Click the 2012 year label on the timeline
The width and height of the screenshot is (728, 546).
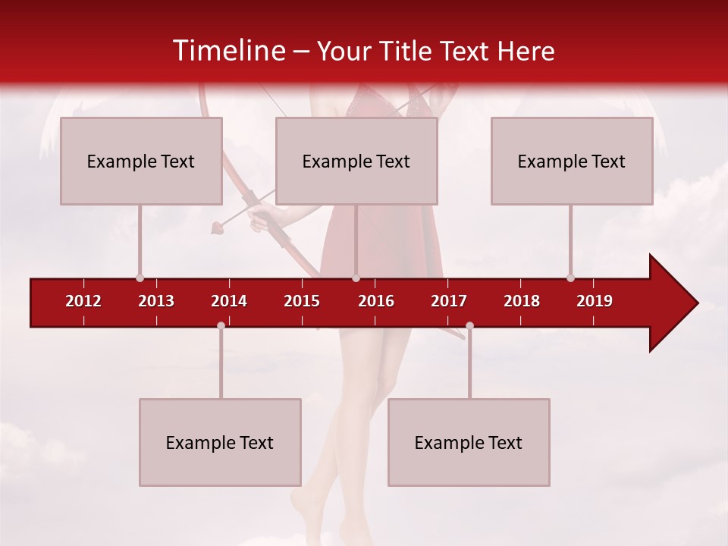(83, 301)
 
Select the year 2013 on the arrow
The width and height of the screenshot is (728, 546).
(156, 301)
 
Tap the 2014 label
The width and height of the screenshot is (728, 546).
(229, 301)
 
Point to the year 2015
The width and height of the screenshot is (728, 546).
(302, 301)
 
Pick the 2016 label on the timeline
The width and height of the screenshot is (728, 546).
(376, 301)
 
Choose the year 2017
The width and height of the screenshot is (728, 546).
(449, 301)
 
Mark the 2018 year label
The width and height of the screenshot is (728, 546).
(522, 301)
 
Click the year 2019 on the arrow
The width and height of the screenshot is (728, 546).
(595, 301)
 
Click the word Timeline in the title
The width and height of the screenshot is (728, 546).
(227, 51)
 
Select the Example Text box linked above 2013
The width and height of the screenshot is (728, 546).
(141, 161)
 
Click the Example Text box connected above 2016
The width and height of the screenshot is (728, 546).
(356, 161)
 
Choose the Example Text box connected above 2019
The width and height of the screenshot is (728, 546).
(572, 161)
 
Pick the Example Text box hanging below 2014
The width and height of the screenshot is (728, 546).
(220, 442)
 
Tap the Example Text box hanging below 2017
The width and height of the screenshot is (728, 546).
(469, 442)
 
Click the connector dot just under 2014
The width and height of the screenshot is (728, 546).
(221, 325)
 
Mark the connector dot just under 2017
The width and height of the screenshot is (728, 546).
(469, 325)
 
